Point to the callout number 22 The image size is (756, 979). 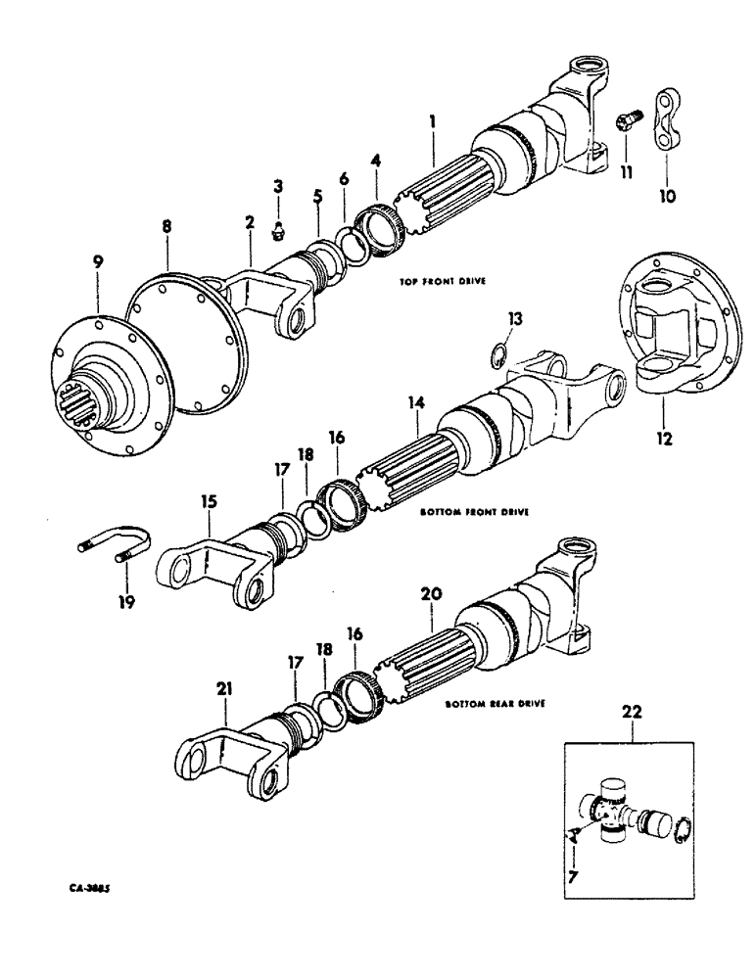(633, 714)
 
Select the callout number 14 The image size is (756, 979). (415, 402)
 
